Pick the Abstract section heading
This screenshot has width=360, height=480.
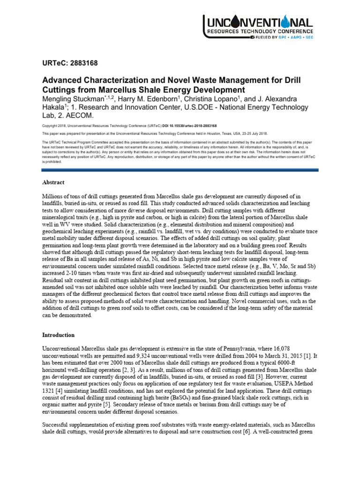53,182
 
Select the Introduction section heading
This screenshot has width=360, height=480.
59,335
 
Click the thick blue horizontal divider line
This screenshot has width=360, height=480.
180,170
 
